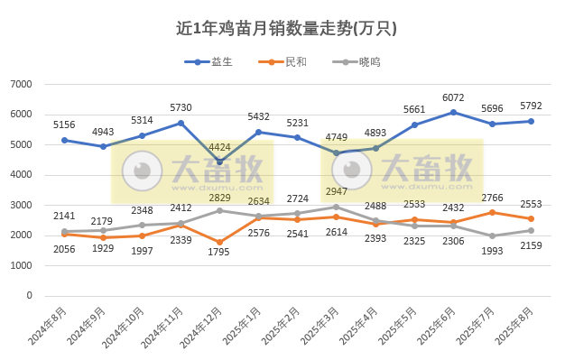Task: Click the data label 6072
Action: pos(453,97)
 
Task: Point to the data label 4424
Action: pos(220,147)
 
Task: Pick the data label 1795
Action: pos(219,253)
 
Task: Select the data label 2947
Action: pos(337,192)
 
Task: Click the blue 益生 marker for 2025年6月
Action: pos(453,112)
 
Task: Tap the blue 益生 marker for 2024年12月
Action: pos(219,162)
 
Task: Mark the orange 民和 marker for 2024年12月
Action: pos(219,242)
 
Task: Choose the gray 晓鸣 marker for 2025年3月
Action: pos(337,207)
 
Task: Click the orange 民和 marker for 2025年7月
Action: pos(492,212)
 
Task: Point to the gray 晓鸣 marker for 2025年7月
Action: pos(492,235)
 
